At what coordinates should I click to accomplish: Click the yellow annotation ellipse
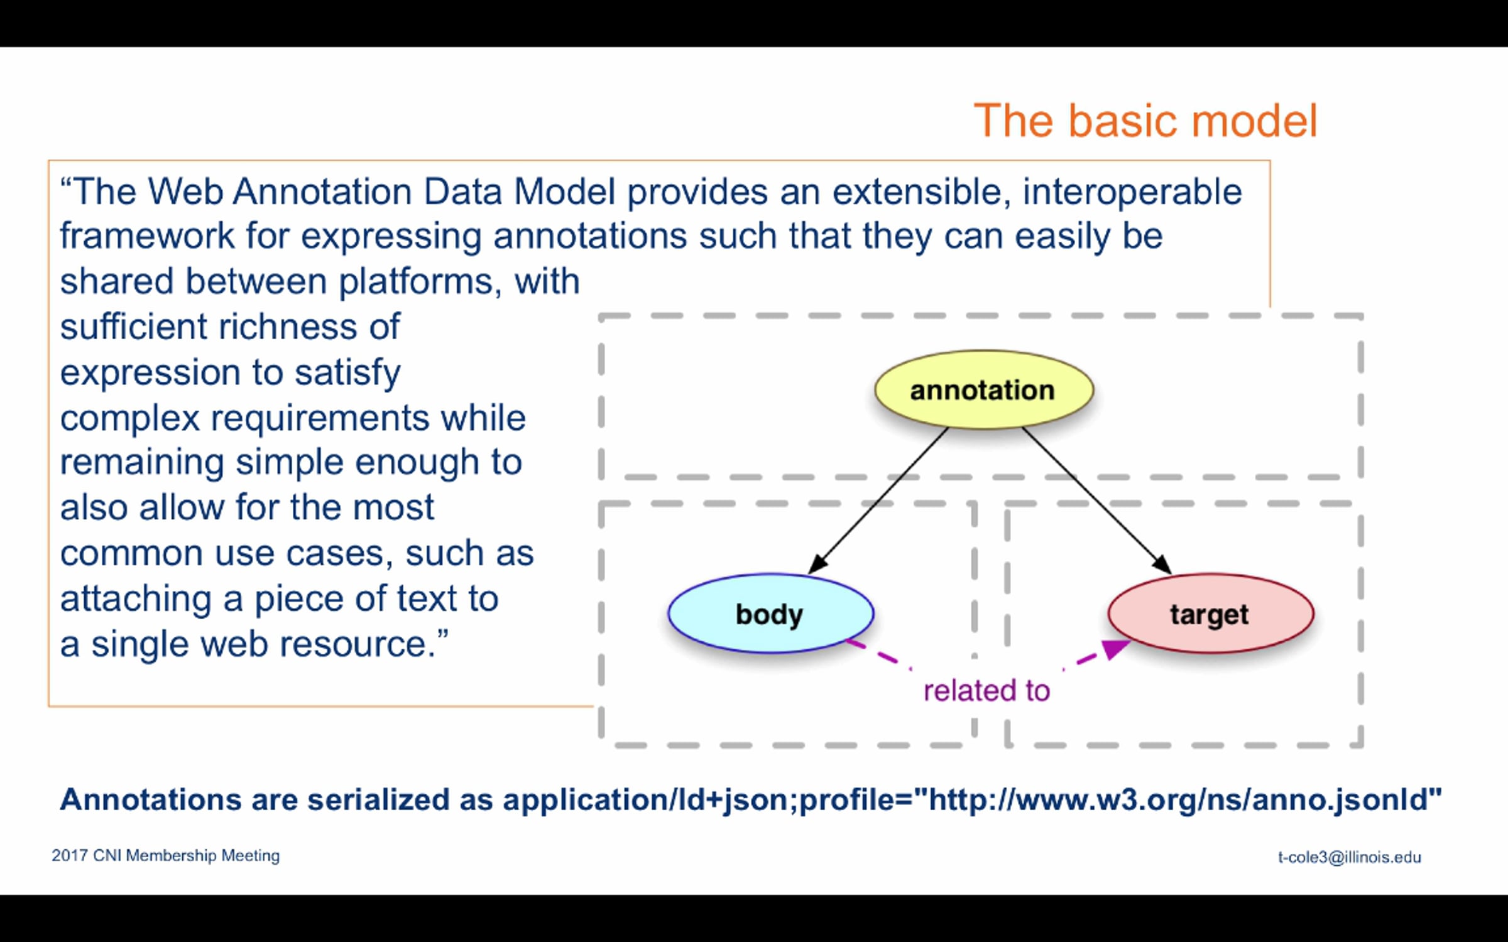pyautogui.click(x=984, y=390)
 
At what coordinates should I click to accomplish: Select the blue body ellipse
pyautogui.click(x=771, y=614)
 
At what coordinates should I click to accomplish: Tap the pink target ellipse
pyautogui.click(x=1211, y=614)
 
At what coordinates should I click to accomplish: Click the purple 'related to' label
pyautogui.click(x=986, y=691)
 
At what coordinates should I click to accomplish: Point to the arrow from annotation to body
pyautogui.click(x=878, y=501)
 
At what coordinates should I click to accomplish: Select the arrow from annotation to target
pyautogui.click(x=1097, y=501)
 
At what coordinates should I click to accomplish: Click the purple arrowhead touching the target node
pyautogui.click(x=1115, y=649)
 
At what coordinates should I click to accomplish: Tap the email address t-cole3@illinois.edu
pyautogui.click(x=1349, y=857)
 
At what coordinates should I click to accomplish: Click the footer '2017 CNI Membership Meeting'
pyautogui.click(x=166, y=855)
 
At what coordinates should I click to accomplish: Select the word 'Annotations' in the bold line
pyautogui.click(x=151, y=799)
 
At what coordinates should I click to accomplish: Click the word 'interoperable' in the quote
pyautogui.click(x=1132, y=192)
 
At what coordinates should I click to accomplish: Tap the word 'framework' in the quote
pyautogui.click(x=147, y=236)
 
